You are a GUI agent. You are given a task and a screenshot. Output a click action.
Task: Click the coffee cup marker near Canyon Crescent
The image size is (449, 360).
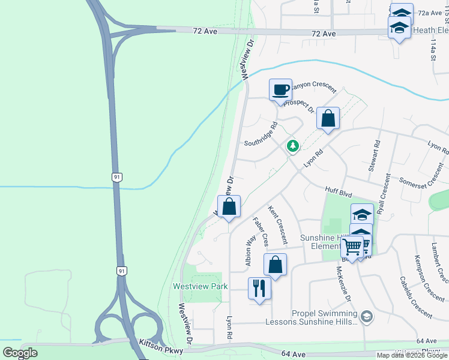[280, 90]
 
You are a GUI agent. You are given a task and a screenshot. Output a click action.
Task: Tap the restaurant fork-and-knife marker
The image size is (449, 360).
[259, 288]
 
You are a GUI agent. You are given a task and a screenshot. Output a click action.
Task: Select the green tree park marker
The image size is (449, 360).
[293, 146]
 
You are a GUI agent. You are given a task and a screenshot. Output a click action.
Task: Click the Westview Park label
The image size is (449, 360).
[200, 286]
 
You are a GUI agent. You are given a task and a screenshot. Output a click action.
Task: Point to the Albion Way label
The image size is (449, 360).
[250, 251]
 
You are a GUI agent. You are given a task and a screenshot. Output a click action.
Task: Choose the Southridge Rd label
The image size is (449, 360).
[261, 135]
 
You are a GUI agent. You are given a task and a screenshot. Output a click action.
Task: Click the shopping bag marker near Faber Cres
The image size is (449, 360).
[275, 264]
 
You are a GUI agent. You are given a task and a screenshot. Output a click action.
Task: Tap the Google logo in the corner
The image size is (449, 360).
[19, 352]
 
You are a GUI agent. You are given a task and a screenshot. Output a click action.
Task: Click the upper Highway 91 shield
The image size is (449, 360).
[118, 177]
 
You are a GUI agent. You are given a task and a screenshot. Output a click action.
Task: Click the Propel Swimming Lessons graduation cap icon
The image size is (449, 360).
[366, 316]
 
